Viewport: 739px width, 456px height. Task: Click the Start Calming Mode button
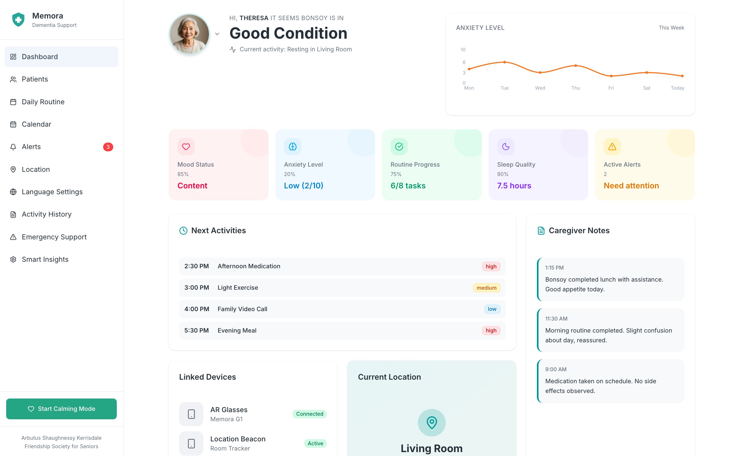pos(61,409)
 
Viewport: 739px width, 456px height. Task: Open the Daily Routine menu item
pos(43,102)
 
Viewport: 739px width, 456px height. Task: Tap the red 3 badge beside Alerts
pos(108,147)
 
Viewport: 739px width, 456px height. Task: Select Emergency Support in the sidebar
pos(54,237)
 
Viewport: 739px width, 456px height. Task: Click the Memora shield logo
pos(18,19)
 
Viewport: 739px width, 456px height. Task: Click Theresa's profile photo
pos(189,34)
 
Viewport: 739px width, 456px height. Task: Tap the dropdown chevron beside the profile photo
pos(217,34)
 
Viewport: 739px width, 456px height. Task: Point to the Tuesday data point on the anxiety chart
pos(504,62)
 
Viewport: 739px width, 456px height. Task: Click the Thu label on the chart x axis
pos(575,88)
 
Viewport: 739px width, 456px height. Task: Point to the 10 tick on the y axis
pos(463,50)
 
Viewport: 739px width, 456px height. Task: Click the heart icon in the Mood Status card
pos(186,147)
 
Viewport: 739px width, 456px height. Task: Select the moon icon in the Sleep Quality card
pos(506,147)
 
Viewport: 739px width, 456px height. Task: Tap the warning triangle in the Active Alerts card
pos(612,147)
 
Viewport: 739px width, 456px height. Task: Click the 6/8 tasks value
pos(408,185)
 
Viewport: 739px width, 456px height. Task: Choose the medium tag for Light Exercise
pos(486,288)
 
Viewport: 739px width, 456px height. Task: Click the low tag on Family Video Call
pos(492,309)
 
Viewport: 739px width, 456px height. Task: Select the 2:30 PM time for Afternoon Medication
pos(196,266)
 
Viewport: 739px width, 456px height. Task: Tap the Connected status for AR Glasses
pos(309,414)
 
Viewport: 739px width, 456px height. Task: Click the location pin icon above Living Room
pos(431,423)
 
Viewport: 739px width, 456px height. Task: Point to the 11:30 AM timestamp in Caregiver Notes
pos(556,319)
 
